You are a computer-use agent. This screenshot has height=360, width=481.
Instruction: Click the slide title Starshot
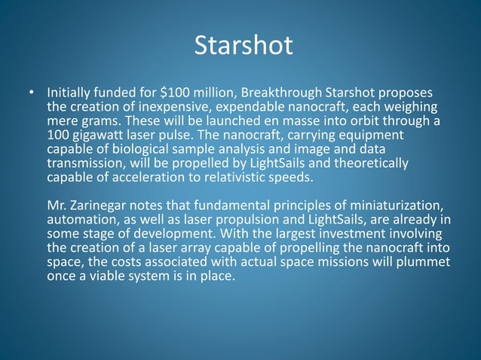(243, 46)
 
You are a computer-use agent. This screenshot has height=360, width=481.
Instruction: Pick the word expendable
(256, 108)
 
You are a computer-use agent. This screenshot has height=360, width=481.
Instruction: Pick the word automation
(83, 220)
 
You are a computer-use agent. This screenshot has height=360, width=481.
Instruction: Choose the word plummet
(424, 262)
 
